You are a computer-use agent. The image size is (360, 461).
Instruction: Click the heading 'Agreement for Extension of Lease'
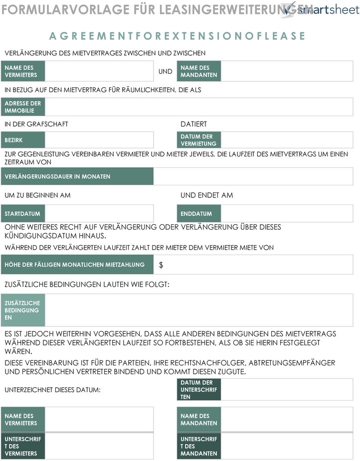point(178,36)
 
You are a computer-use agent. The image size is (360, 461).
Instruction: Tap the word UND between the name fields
point(165,71)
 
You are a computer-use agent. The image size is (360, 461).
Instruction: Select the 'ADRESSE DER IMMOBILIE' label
point(23,107)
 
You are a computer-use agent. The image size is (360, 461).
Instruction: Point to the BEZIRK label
point(23,140)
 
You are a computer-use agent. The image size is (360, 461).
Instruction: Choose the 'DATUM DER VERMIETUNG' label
point(198,140)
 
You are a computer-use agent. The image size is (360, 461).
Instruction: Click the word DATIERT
point(193,124)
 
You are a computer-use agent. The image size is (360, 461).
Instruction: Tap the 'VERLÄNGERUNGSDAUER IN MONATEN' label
point(77,176)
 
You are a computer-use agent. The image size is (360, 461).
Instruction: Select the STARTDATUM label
point(23,214)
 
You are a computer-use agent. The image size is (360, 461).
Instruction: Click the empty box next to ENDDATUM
point(286,214)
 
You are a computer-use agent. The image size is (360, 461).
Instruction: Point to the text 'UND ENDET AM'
point(206,195)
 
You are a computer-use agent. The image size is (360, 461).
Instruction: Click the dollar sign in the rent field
point(161,265)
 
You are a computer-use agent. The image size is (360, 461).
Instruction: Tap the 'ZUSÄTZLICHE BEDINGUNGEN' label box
point(23,310)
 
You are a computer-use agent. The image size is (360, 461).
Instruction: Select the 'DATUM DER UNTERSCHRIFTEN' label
point(198,390)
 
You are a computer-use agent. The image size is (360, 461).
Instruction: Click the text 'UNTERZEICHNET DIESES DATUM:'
point(52,390)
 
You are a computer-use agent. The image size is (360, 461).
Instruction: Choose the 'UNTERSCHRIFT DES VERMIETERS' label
point(23,446)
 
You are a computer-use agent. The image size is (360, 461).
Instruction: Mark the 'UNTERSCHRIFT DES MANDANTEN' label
point(198,446)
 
